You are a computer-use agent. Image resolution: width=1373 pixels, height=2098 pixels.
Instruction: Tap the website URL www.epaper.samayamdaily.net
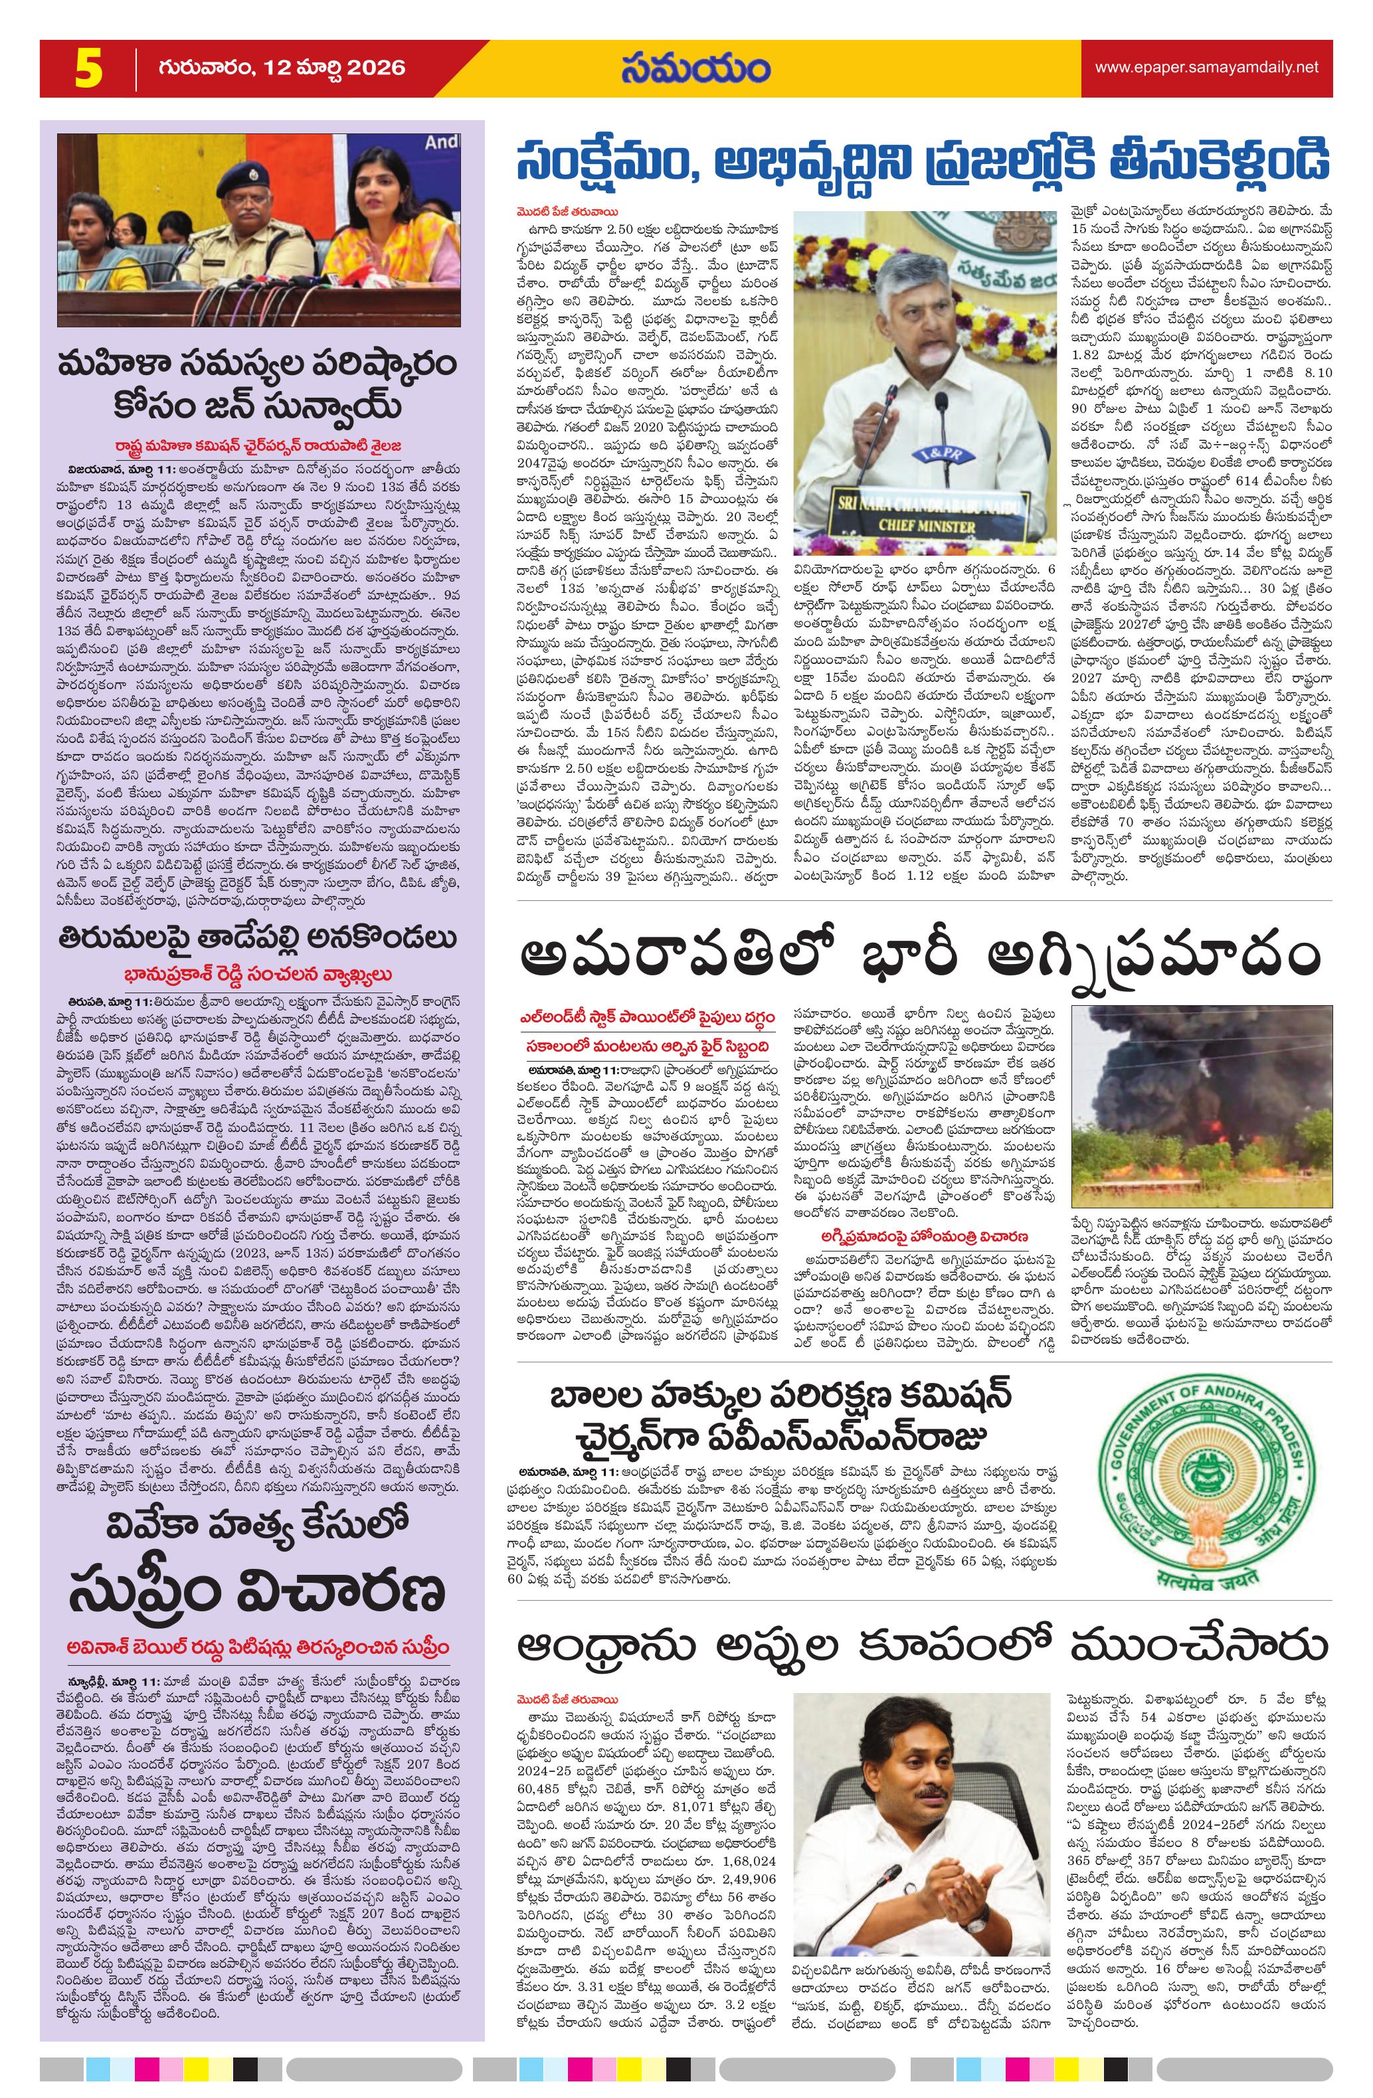point(1206,67)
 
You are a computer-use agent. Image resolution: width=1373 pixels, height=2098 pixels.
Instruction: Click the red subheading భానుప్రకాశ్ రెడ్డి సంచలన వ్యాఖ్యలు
point(262,974)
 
